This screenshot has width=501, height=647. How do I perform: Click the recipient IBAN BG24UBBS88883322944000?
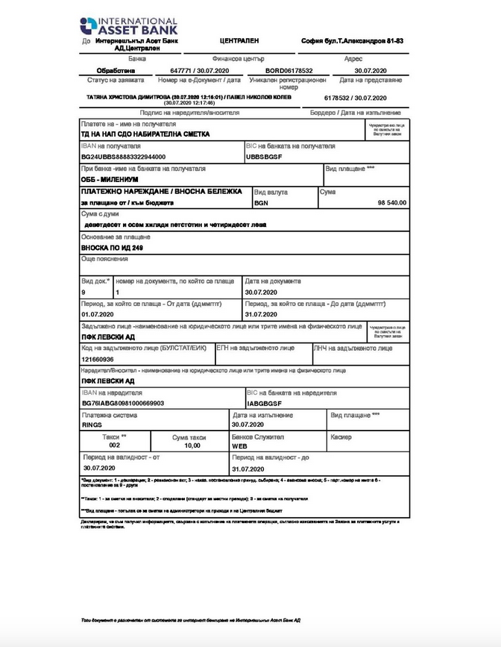123,157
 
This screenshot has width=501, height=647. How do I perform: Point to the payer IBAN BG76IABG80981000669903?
122,402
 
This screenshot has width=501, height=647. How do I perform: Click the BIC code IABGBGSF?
265,402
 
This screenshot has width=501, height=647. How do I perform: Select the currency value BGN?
261,202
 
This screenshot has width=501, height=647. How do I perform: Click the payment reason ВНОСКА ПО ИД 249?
113,246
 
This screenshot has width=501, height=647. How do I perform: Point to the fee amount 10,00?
192,445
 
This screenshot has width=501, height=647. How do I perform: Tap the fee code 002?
114,445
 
